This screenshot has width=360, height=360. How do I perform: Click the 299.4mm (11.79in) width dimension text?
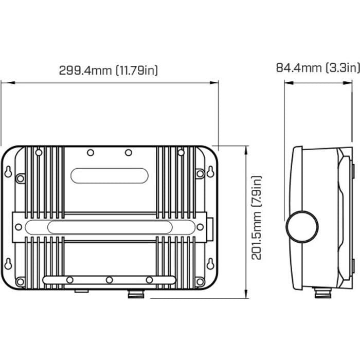tap(109, 70)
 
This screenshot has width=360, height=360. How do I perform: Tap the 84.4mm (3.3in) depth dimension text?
tap(318, 68)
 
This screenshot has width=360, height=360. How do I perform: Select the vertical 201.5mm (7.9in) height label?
tap(257, 218)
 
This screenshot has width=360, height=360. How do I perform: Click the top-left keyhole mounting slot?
tap(8, 172)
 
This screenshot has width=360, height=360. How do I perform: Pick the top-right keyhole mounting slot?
tap(210, 172)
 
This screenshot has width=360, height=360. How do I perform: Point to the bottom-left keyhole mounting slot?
tap(8, 263)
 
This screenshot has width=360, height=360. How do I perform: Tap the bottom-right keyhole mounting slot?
tap(210, 263)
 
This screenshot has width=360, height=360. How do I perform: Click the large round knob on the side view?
tap(302, 227)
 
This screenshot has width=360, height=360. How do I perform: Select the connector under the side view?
tap(322, 293)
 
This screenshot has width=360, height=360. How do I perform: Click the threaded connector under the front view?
tap(136, 294)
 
